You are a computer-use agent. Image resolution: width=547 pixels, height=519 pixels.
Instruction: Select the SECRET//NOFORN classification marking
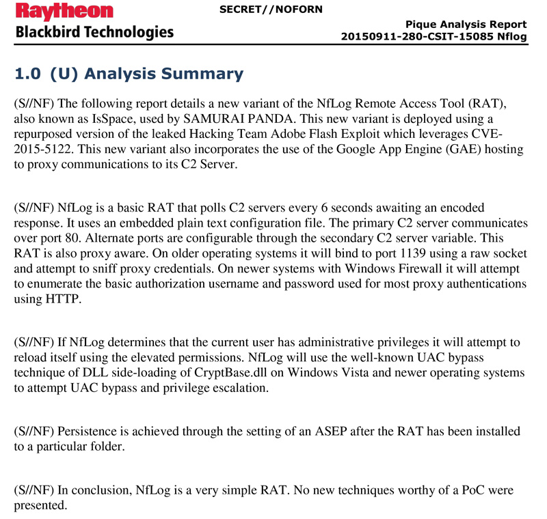point(271,10)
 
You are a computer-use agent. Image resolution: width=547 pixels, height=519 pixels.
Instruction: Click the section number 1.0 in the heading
point(28,74)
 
